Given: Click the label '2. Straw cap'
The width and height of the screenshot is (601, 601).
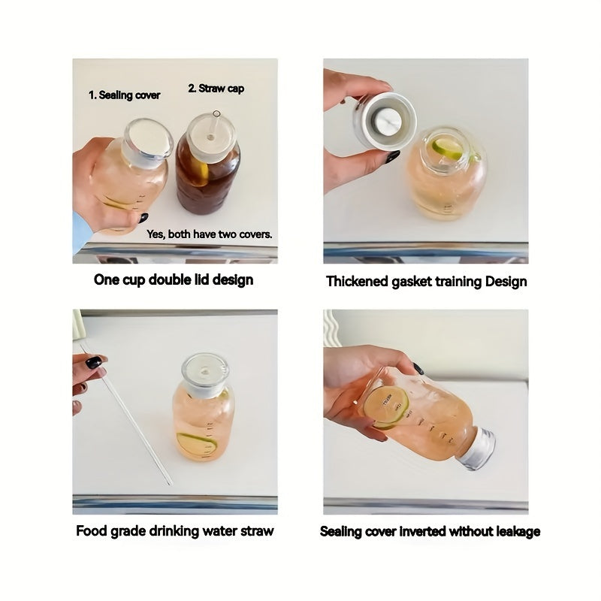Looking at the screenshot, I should (x=216, y=89).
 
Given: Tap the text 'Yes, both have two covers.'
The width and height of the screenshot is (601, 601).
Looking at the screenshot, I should (x=210, y=234).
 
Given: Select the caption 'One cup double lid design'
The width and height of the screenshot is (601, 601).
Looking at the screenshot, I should (x=174, y=280).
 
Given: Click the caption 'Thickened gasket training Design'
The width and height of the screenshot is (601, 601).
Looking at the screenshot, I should (x=426, y=282).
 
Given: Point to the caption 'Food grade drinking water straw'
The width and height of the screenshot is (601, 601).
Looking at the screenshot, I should (x=174, y=531).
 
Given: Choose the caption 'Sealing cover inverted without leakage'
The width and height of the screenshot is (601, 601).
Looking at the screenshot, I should (x=430, y=531).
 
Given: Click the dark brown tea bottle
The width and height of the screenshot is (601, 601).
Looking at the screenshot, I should (x=208, y=177).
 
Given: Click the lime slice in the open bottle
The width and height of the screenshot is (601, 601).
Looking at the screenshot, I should (x=448, y=146).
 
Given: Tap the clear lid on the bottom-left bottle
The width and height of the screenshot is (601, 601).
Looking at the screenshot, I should (x=204, y=372).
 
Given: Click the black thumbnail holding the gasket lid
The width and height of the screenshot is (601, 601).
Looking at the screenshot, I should (x=393, y=156).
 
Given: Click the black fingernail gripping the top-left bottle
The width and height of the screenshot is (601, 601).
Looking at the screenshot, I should (x=143, y=219).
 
